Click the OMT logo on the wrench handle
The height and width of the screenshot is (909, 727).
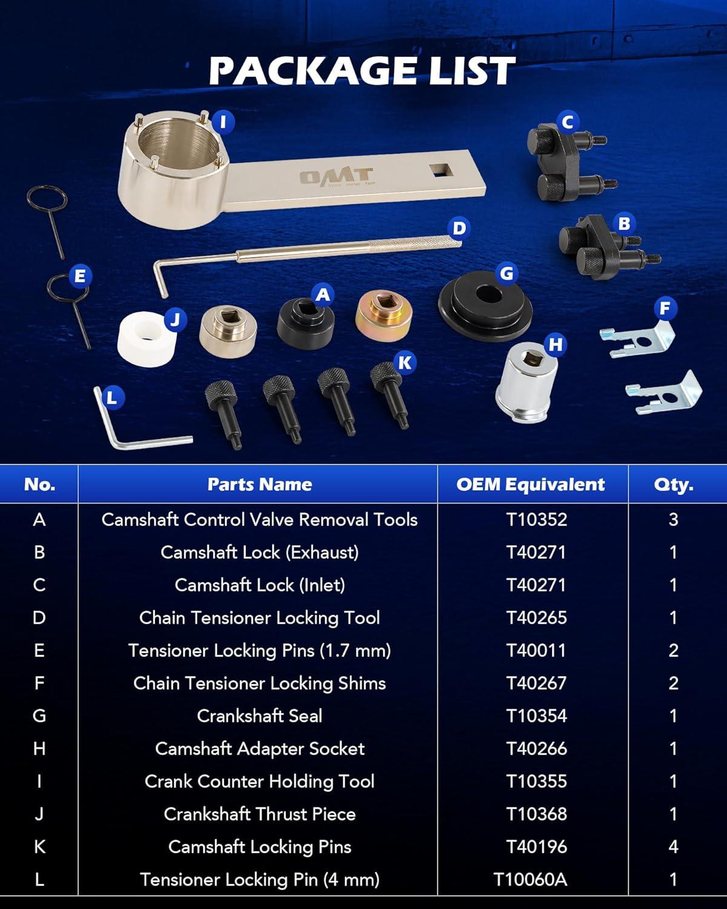[337, 176]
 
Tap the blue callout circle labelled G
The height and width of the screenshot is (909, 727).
[506, 273]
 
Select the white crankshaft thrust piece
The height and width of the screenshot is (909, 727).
[147, 339]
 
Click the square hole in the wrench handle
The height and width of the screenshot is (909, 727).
[441, 170]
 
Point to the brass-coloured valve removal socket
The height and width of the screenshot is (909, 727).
[384, 315]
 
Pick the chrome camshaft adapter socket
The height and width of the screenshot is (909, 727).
[526, 383]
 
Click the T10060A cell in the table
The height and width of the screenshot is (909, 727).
[531, 879]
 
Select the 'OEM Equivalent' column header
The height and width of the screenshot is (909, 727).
[531, 484]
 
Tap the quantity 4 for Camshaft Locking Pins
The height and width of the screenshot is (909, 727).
[673, 847]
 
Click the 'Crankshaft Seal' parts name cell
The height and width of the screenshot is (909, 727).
[259, 716]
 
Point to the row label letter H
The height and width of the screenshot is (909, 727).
[39, 748]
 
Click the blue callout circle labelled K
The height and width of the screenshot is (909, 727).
[405, 362]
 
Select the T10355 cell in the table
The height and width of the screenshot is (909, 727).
[537, 781]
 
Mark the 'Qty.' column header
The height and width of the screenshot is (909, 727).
[673, 485]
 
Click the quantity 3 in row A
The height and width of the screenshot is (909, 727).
[673, 519]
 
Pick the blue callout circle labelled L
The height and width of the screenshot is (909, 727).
[111, 398]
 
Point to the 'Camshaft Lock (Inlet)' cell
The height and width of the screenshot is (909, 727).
[260, 585]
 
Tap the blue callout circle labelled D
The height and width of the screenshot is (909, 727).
[459, 228]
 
